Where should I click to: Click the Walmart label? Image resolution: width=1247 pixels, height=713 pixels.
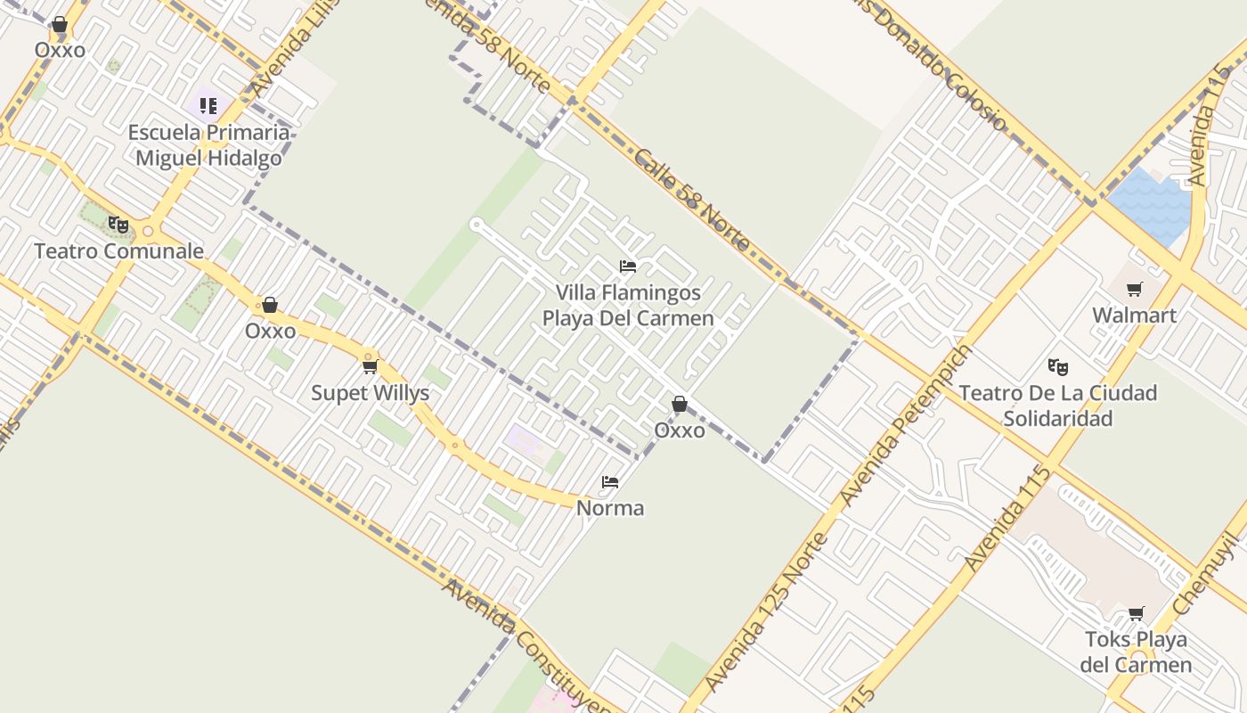[1134, 315]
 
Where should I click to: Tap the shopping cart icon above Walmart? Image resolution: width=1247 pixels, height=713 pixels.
[1134, 289]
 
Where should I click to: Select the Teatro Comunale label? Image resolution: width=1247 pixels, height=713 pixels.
[118, 250]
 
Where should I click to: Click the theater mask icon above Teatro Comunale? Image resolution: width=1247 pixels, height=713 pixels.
[118, 224]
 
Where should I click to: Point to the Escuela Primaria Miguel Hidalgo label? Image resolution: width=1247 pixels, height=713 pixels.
[208, 145]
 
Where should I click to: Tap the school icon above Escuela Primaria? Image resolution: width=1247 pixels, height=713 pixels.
[208, 107]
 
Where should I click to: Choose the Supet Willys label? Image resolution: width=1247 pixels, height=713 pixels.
[370, 393]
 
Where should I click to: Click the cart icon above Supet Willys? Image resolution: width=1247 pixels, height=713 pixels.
[370, 366]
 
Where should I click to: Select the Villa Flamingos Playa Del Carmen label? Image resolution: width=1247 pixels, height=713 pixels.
[628, 305]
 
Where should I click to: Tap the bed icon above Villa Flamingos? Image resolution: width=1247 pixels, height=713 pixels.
[628, 266]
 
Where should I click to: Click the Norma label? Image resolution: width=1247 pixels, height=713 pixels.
[610, 508]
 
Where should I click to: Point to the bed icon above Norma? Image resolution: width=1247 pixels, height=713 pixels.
[610, 482]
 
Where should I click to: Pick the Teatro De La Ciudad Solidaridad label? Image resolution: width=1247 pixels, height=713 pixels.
[1058, 406]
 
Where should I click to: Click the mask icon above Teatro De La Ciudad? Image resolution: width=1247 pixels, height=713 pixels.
[1058, 366]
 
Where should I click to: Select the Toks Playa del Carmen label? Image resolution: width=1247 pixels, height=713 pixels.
[1136, 652]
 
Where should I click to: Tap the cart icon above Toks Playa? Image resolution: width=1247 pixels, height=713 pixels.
[1136, 613]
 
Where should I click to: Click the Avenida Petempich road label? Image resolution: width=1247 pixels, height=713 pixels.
[906, 425]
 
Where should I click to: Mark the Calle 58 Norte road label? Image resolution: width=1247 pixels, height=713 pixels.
[693, 199]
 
